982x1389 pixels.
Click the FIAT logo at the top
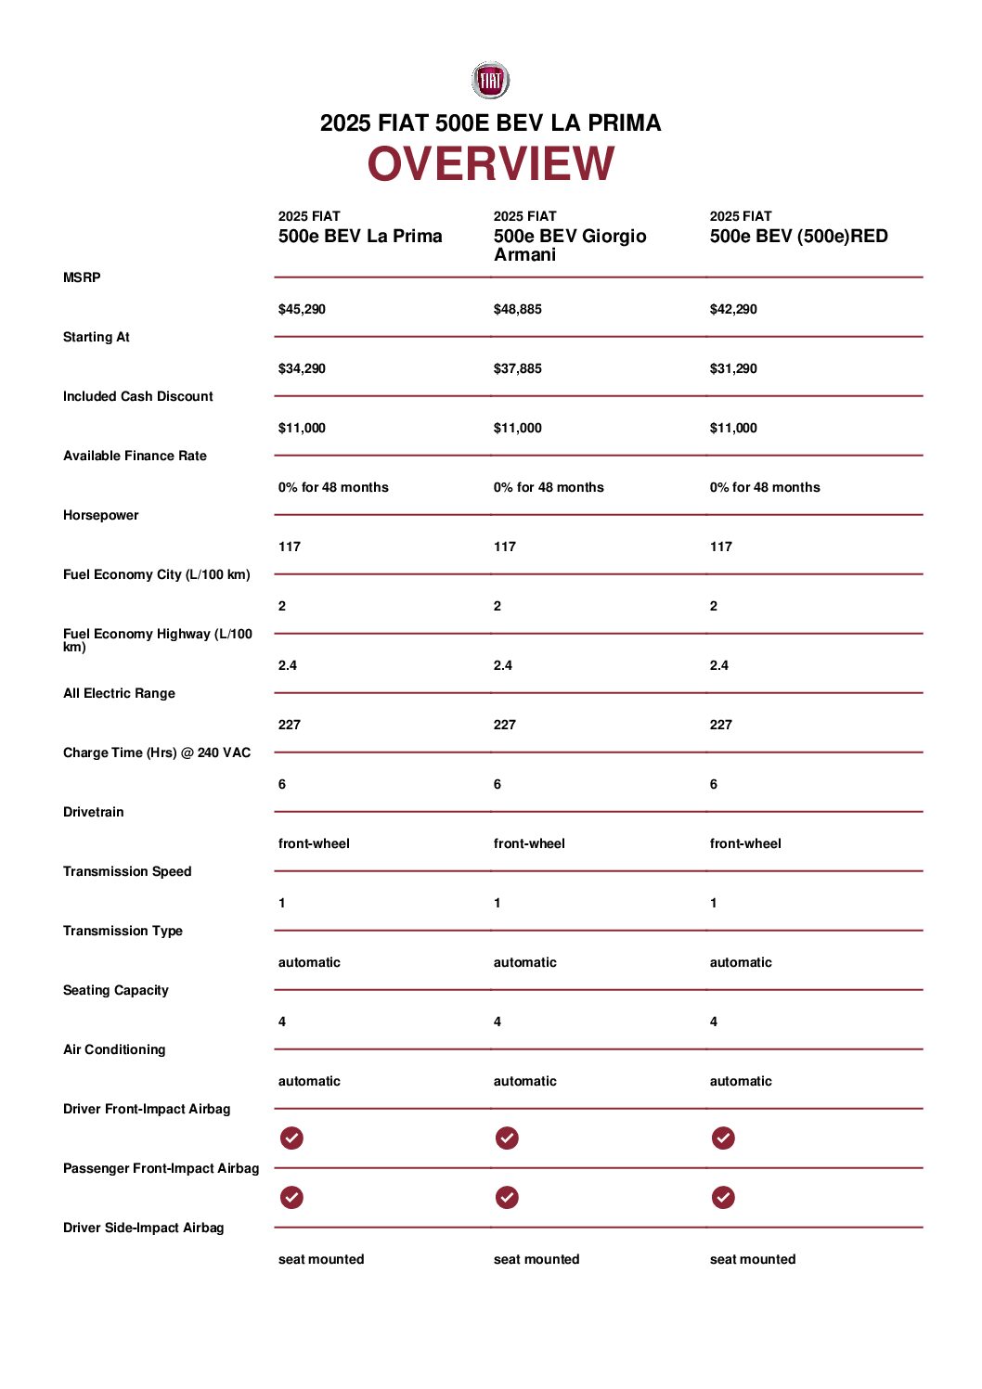point(490,81)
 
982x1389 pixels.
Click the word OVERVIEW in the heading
point(490,164)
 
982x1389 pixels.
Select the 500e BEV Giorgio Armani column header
point(569,245)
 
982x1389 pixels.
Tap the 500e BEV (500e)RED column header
point(798,236)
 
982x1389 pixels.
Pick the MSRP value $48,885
point(517,309)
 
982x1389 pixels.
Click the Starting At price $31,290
point(733,368)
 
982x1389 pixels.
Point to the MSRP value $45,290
point(302,309)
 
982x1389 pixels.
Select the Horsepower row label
point(100,515)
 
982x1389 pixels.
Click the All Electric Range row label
point(119,693)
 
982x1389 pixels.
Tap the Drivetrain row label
point(93,812)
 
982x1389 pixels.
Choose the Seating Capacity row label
point(116,990)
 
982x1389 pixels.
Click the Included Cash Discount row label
point(137,396)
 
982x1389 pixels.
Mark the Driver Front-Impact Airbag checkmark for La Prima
point(291,1138)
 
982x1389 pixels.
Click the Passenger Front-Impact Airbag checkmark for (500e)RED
point(723,1197)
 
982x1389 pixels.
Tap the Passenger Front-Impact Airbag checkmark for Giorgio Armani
point(507,1197)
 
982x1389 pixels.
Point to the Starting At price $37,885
point(517,368)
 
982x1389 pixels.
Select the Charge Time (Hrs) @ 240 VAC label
point(157,752)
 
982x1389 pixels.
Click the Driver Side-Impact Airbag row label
point(143,1228)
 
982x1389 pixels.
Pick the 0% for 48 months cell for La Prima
point(333,487)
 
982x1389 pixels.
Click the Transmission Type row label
point(123,931)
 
